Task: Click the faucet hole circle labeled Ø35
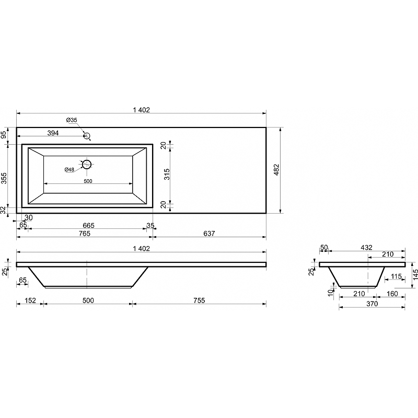coord(84,136)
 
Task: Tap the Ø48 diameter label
coord(69,169)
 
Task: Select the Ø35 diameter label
coord(72,120)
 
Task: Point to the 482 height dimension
coord(276,170)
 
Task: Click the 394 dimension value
coord(53,133)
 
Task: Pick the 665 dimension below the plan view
coord(88,226)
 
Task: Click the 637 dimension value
coord(209,234)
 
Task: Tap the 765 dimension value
coord(85,234)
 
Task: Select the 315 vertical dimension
coord(167,175)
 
